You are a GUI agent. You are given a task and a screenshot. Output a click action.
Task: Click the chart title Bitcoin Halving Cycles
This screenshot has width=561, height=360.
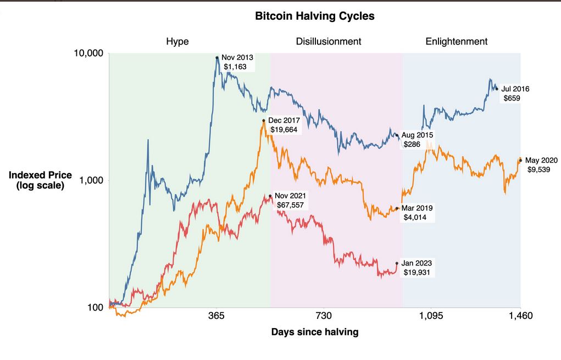(315, 16)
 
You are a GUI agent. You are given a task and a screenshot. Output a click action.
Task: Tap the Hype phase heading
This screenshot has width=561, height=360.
(177, 42)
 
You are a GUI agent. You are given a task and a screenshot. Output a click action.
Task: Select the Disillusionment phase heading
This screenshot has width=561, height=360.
(328, 42)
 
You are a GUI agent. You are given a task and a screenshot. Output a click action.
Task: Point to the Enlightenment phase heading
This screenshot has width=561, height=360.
(456, 42)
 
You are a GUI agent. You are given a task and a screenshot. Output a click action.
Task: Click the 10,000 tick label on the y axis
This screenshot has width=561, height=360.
(88, 54)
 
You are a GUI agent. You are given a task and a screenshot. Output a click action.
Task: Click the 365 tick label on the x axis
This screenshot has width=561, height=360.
(216, 316)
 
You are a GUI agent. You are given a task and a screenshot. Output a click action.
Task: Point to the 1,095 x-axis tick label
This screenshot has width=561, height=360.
(431, 316)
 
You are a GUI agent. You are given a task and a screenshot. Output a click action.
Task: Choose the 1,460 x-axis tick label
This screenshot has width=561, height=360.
(520, 316)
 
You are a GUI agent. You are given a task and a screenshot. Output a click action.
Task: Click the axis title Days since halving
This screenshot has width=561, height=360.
(315, 332)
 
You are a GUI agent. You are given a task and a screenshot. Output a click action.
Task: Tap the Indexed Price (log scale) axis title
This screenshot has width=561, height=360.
(40, 180)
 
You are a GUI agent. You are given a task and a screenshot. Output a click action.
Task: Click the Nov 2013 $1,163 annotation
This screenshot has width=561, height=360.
(237, 62)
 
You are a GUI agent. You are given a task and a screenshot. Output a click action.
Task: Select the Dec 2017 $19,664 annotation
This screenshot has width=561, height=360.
(284, 125)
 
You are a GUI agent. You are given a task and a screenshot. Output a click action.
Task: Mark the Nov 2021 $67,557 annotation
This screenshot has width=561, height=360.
(291, 201)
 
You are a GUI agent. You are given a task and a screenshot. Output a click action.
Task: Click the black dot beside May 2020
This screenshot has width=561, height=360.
(520, 160)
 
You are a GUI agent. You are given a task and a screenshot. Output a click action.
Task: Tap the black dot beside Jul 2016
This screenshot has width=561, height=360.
(497, 88)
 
